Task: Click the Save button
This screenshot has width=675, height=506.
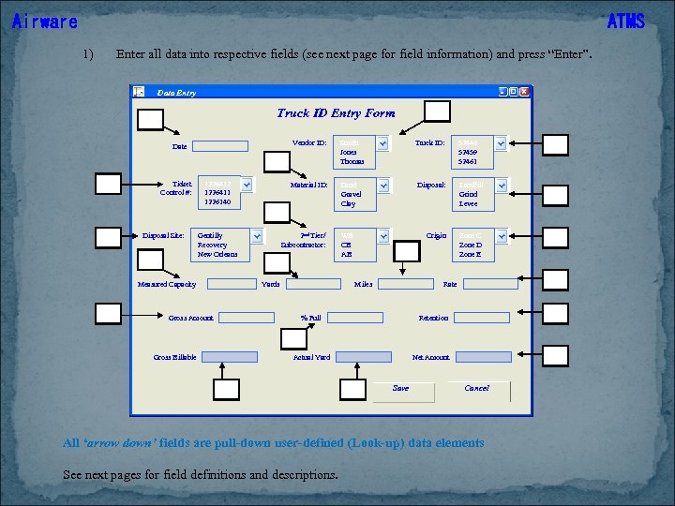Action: point(401,389)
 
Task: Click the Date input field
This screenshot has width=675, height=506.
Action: point(220,146)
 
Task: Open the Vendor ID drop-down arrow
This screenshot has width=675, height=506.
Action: point(382,143)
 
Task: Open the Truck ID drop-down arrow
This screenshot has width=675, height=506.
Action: point(500,143)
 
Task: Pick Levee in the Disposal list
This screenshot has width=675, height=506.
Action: point(468,203)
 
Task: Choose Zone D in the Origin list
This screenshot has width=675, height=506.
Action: point(471,245)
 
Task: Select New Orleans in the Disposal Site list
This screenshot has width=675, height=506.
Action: point(217,254)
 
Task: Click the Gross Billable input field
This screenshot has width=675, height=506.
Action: point(230,357)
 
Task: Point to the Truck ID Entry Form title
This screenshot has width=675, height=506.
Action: point(336,113)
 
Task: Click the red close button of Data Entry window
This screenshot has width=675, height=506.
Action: point(524,92)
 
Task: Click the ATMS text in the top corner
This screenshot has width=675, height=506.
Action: point(626,22)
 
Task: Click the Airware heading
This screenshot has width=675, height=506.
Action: point(45,22)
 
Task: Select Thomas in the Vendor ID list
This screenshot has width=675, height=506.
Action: point(352,161)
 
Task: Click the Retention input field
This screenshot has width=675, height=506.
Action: point(482,318)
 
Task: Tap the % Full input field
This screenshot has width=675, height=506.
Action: point(354,318)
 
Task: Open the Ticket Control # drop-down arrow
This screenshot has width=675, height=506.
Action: point(246,185)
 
